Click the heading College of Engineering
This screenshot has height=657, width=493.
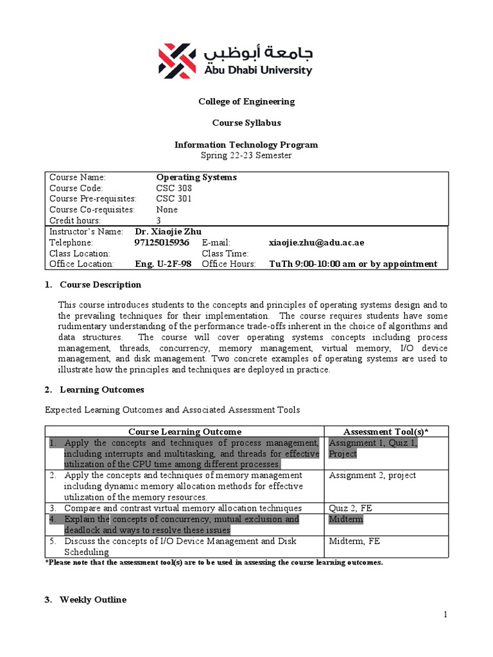point(246,101)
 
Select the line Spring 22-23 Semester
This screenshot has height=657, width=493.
point(246,155)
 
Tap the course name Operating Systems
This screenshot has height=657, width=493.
point(196,177)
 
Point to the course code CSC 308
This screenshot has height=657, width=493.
point(174,188)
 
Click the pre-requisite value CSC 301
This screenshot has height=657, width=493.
point(174,199)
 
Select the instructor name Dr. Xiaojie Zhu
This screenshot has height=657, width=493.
point(172,231)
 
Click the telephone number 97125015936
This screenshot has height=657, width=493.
point(162,243)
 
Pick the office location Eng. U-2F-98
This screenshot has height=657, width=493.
point(164,264)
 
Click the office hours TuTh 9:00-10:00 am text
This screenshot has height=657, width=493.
point(353,264)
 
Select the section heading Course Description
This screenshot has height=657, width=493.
point(100,284)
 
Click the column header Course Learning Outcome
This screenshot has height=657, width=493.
point(185,431)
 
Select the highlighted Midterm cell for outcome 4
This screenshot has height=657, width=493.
point(345,519)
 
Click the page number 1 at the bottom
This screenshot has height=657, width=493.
point(444,615)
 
